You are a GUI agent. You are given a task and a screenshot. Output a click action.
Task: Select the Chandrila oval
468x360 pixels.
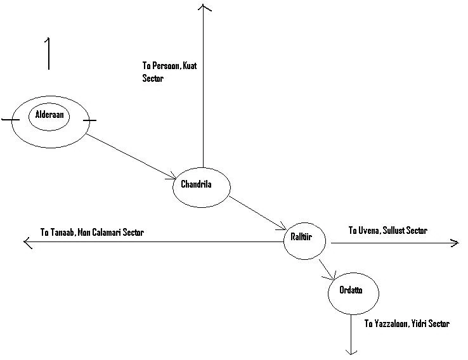(x=201, y=186)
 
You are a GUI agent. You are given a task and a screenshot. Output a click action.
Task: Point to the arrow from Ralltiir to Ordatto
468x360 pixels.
(x=327, y=269)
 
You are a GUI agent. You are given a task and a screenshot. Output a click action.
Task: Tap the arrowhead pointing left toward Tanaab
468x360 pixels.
(x=27, y=241)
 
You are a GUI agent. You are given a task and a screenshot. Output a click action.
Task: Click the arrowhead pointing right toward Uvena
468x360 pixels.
(x=453, y=241)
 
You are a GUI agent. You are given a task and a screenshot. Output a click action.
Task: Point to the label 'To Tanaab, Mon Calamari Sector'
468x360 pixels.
(x=92, y=233)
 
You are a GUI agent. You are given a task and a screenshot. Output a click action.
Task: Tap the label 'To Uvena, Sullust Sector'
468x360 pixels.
(x=387, y=230)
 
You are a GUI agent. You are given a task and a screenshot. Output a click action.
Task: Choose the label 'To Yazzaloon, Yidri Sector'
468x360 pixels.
(x=406, y=324)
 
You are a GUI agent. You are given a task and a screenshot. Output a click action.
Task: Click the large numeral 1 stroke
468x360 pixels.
(x=48, y=53)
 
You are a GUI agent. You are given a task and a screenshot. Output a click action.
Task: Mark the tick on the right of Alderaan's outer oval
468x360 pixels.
(x=89, y=119)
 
